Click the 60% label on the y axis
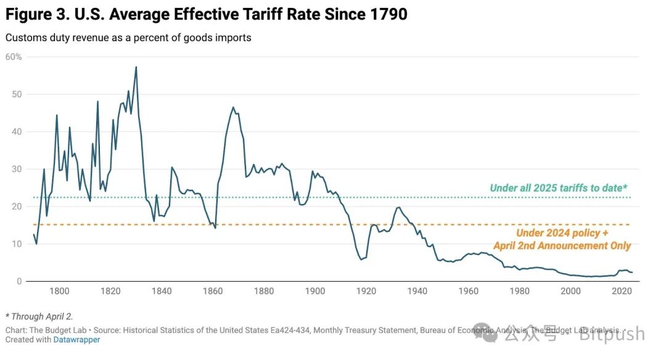click(x=14, y=57)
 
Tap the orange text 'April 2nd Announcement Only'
click(x=562, y=246)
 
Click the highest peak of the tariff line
click(x=136, y=67)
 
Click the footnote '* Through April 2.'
click(x=39, y=316)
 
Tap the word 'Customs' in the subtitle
click(x=25, y=38)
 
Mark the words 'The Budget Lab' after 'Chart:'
click(x=59, y=330)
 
